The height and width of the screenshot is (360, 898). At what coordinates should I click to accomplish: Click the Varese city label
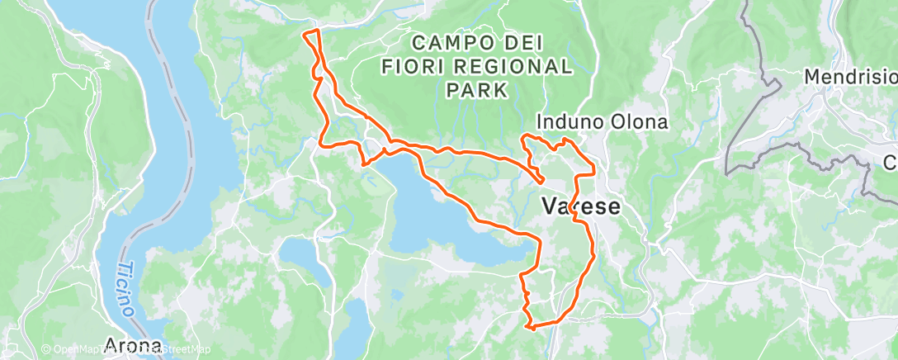[580, 206]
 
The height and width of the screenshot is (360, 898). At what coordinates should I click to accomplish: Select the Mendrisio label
[850, 77]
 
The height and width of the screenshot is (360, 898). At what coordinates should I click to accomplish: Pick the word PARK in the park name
[476, 89]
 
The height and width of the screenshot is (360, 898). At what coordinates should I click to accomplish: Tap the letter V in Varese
[551, 206]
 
